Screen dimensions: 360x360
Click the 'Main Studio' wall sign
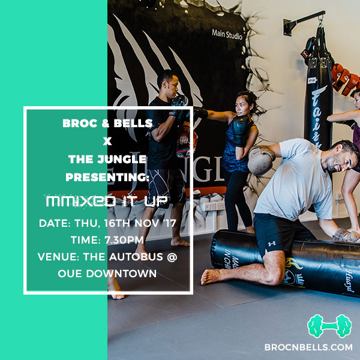[227, 34]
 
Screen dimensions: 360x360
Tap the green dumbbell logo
[329, 326]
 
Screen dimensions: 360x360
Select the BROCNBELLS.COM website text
[308, 347]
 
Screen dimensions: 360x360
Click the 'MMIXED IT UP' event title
[107, 201]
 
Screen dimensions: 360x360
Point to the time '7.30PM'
[124, 240]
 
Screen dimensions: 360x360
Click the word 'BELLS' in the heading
[133, 123]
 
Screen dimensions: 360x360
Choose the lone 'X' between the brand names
[107, 141]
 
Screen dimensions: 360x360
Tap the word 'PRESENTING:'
[107, 177]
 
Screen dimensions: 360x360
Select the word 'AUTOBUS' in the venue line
[136, 257]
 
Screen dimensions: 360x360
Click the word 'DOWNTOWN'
[121, 274]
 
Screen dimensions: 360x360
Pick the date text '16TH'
[118, 223]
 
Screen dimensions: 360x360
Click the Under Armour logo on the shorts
[272, 244]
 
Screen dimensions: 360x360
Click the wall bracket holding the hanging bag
[303, 22]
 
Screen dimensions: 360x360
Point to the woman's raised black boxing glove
[241, 130]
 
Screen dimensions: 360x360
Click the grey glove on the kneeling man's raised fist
[261, 161]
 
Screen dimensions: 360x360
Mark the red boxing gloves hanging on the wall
[345, 79]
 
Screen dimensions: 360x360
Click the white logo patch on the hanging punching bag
[312, 80]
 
